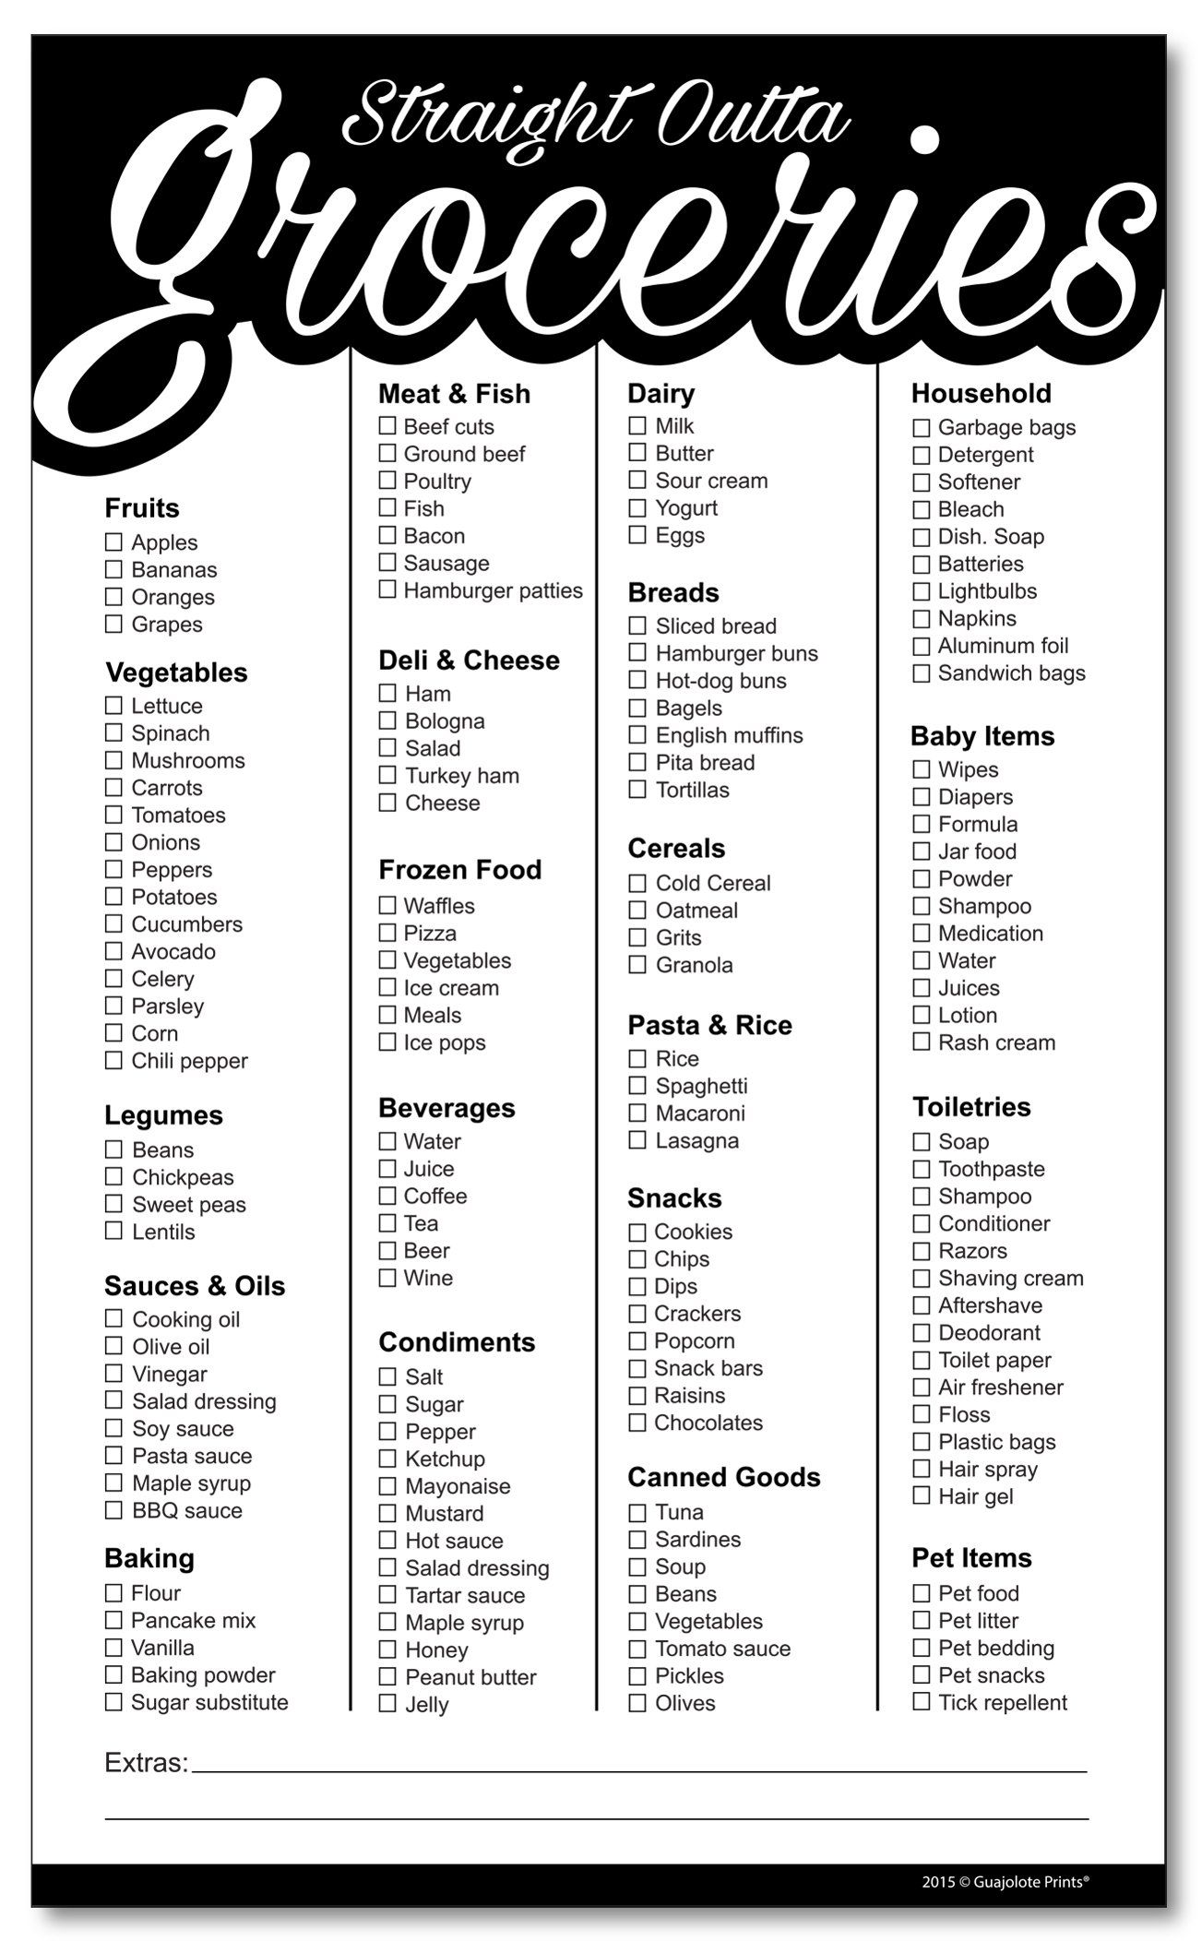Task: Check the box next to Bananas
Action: pyautogui.click(x=113, y=569)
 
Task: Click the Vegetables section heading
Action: pyautogui.click(x=176, y=673)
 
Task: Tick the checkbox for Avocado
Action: pyautogui.click(x=113, y=951)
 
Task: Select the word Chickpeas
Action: pyautogui.click(x=183, y=1177)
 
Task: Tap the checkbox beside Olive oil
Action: pyautogui.click(x=113, y=1346)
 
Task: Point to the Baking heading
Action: pyautogui.click(x=149, y=1559)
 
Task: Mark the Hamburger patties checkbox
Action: pyautogui.click(x=387, y=589)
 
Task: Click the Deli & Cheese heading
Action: pyautogui.click(x=469, y=661)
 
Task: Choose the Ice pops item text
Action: pyautogui.click(x=445, y=1042)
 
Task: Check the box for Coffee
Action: pyautogui.click(x=387, y=1196)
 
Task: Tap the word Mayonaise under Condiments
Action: pyautogui.click(x=458, y=1486)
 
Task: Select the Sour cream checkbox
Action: pyautogui.click(x=637, y=480)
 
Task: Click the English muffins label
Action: pyautogui.click(x=729, y=735)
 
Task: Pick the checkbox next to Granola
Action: pyautogui.click(x=637, y=965)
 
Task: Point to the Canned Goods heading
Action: pyautogui.click(x=723, y=1477)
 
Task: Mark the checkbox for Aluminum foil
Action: pyautogui.click(x=921, y=646)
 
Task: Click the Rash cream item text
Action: pyautogui.click(x=996, y=1042)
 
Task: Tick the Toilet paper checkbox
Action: pyautogui.click(x=921, y=1360)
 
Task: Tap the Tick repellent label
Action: pyautogui.click(x=1003, y=1702)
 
